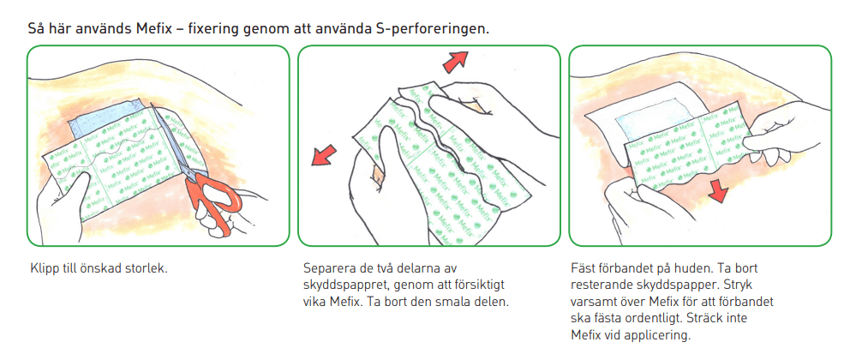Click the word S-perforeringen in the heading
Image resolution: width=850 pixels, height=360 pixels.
(x=432, y=27)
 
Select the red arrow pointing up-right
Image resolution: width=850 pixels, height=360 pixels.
(x=456, y=60)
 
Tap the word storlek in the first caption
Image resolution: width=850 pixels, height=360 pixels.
(x=147, y=268)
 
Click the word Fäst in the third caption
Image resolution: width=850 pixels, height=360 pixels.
(x=584, y=268)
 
